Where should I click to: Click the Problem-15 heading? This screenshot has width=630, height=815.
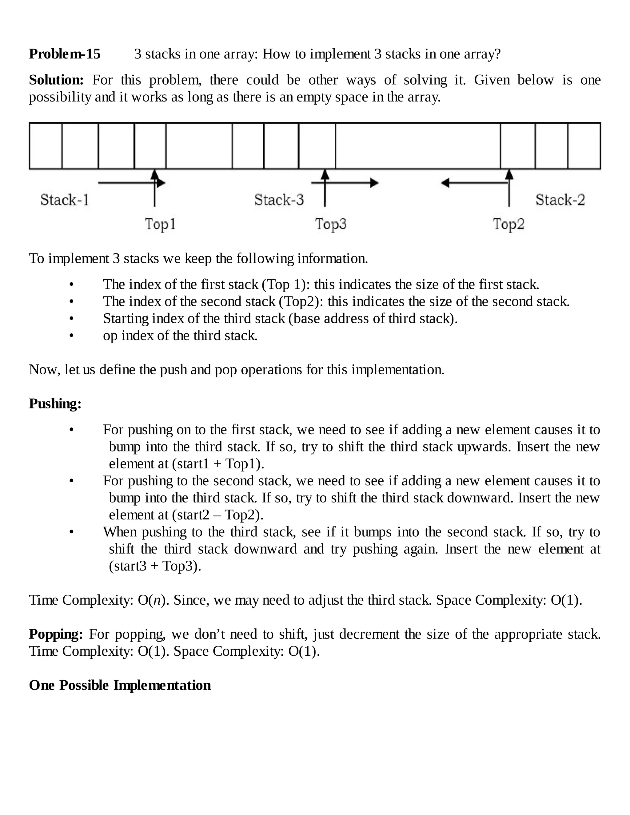click(65, 54)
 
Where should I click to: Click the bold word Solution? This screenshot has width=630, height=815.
click(56, 80)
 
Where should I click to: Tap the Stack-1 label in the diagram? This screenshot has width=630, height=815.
click(65, 200)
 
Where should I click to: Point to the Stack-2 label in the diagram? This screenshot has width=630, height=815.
click(560, 200)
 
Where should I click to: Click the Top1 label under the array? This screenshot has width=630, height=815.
click(160, 224)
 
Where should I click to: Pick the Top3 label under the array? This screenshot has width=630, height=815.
click(331, 224)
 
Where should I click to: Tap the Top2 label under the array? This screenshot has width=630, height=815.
click(508, 224)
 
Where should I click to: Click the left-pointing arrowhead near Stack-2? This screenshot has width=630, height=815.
click(445, 183)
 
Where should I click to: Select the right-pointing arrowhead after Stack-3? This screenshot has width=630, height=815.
click(375, 183)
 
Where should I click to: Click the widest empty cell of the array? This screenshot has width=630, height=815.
click(418, 146)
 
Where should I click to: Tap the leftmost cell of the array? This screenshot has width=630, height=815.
click(46, 146)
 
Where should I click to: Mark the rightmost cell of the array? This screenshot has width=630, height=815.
click(584, 146)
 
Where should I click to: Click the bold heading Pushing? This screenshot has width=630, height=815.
click(55, 404)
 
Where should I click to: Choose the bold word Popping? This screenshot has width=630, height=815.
click(56, 634)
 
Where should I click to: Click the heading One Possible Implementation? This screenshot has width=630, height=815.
click(120, 685)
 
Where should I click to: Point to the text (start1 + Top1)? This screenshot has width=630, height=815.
click(218, 464)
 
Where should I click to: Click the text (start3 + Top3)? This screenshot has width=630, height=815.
click(155, 566)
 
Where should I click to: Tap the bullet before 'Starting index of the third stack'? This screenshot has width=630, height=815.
click(71, 319)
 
